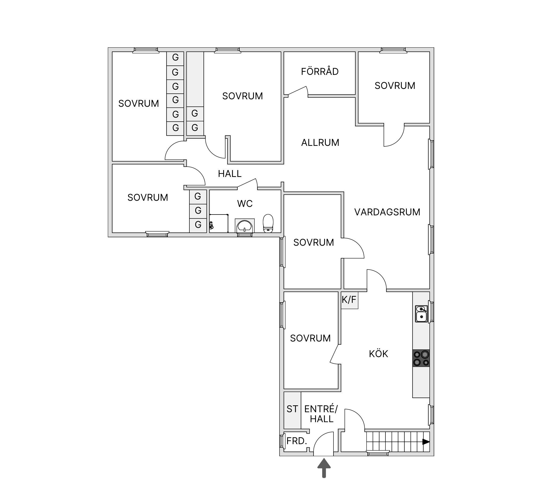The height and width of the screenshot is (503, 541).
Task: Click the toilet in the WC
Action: pyautogui.click(x=268, y=224)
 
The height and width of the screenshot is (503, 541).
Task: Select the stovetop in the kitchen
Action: pyautogui.click(x=421, y=358)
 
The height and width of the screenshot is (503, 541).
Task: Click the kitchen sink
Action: pyautogui.click(x=421, y=314)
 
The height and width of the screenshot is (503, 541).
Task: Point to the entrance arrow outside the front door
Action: pyautogui.click(x=324, y=468)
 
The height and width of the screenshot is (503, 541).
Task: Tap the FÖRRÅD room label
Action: pyautogui.click(x=320, y=71)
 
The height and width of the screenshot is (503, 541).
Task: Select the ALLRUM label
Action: pyautogui.click(x=320, y=142)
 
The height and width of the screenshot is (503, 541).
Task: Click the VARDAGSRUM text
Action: pyautogui.click(x=387, y=212)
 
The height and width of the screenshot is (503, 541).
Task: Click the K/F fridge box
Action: pyautogui.click(x=349, y=300)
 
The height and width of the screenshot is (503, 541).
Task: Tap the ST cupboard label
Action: pyautogui.click(x=292, y=409)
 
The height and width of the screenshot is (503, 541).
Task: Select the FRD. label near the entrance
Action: pyautogui.click(x=297, y=441)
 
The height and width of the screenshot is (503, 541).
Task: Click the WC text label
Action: pyautogui.click(x=245, y=203)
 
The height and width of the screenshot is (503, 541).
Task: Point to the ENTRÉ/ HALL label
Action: pyautogui.click(x=321, y=414)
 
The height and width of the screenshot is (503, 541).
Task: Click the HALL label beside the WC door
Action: pyautogui.click(x=230, y=174)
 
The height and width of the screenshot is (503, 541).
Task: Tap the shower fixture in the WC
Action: pyautogui.click(x=211, y=225)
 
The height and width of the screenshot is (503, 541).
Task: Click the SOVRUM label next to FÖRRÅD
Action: pyautogui.click(x=395, y=86)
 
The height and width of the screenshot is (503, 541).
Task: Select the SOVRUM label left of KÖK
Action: pyautogui.click(x=310, y=338)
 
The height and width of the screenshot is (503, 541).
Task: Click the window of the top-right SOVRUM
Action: pyautogui.click(x=393, y=50)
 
